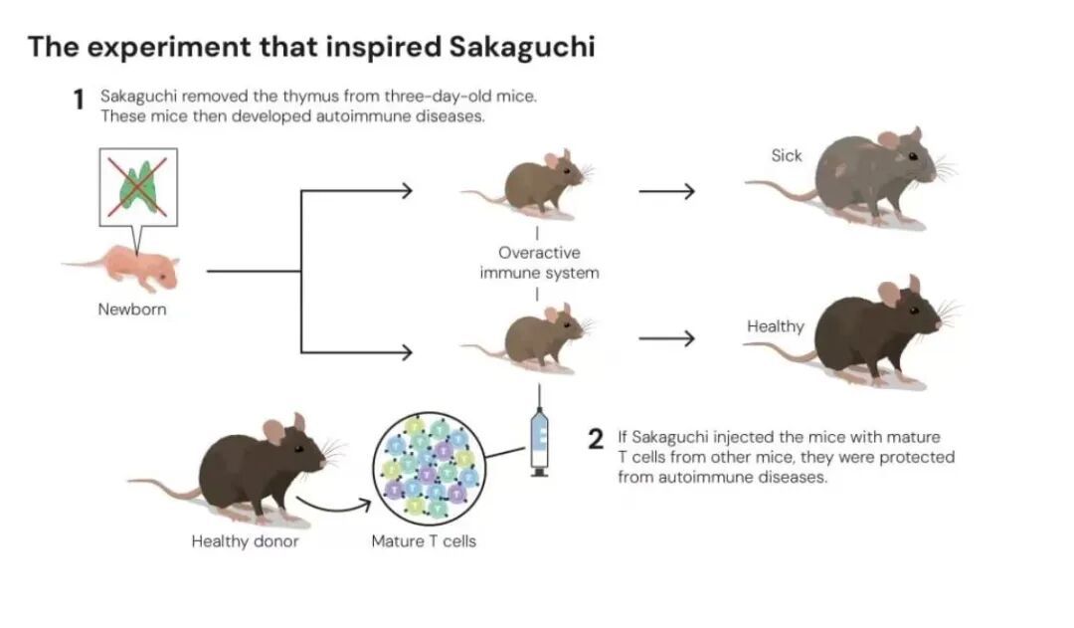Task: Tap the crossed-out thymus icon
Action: pyautogui.click(x=138, y=186)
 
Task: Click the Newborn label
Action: pyautogui.click(x=132, y=310)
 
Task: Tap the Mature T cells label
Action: pyautogui.click(x=424, y=542)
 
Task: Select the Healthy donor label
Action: pyautogui.click(x=245, y=542)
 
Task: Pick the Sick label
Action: pyautogui.click(x=786, y=155)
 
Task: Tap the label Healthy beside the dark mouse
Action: pyautogui.click(x=776, y=326)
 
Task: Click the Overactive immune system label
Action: pyautogui.click(x=539, y=263)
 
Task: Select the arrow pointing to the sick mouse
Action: pyautogui.click(x=665, y=190)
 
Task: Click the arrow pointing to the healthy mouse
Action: pyautogui.click(x=665, y=339)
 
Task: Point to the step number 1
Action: pyautogui.click(x=78, y=102)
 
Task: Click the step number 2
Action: pyautogui.click(x=596, y=439)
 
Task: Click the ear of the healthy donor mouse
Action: pyautogui.click(x=273, y=431)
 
